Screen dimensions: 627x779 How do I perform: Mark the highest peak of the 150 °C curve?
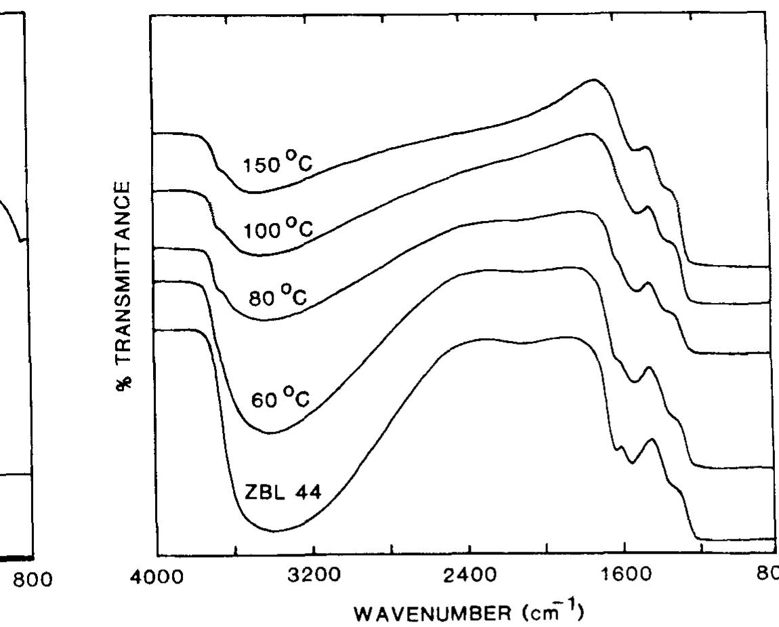pyautogui.click(x=594, y=80)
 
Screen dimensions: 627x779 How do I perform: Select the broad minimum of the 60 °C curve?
pyautogui.click(x=270, y=433)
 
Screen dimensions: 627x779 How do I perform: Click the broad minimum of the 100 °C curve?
pyautogui.click(x=261, y=256)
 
